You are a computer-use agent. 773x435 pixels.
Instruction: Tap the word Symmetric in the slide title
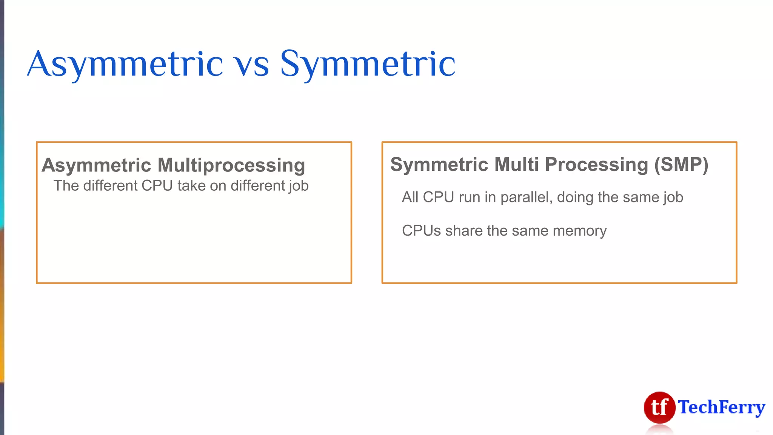[368, 64]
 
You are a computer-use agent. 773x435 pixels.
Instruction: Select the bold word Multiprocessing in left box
[231, 166]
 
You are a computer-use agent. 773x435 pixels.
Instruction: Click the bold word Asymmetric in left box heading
[97, 166]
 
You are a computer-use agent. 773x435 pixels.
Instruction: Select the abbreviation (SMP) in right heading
[681, 165]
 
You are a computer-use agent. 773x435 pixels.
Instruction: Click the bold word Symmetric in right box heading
[439, 165]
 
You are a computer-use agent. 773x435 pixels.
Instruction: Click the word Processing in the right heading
[596, 165]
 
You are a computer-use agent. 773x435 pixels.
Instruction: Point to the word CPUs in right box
[421, 231]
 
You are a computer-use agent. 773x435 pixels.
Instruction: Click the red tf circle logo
[659, 407]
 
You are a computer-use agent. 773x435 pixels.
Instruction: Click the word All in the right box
[410, 197]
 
